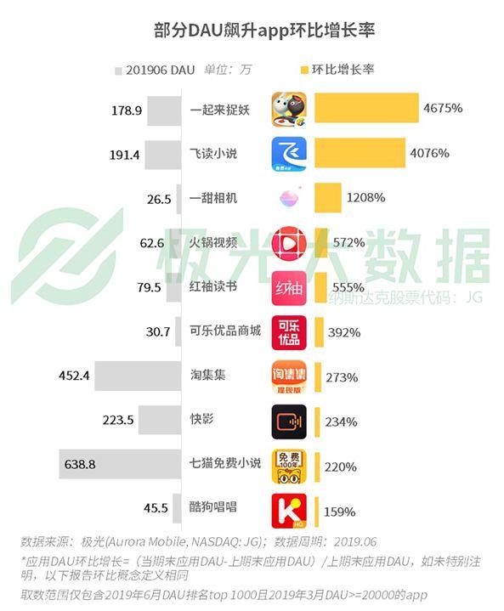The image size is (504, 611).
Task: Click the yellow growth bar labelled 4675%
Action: (366, 108)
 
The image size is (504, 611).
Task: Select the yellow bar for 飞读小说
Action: (360, 153)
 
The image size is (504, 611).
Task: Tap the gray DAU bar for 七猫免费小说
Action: (120, 464)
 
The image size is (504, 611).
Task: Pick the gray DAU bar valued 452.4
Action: (138, 376)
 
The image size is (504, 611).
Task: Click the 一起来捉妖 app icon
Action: (289, 110)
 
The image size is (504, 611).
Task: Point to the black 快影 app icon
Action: (289, 422)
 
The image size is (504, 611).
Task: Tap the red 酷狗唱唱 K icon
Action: (289, 511)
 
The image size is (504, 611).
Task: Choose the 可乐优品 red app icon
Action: (289, 333)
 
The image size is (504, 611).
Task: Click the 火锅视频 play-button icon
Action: (289, 244)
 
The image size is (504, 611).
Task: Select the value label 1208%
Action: (365, 197)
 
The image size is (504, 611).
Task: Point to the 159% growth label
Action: (339, 512)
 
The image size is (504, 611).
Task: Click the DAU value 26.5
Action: (159, 199)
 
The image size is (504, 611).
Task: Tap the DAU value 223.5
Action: (118, 420)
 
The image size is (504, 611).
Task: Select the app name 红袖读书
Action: (213, 286)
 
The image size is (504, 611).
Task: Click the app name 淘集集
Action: (207, 375)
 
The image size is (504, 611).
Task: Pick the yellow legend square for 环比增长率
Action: (304, 71)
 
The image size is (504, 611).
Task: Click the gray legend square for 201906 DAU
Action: (118, 71)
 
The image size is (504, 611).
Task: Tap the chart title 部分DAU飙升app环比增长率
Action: (264, 31)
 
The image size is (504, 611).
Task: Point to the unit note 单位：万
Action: (228, 70)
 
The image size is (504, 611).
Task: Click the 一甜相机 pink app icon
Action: (289, 198)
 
